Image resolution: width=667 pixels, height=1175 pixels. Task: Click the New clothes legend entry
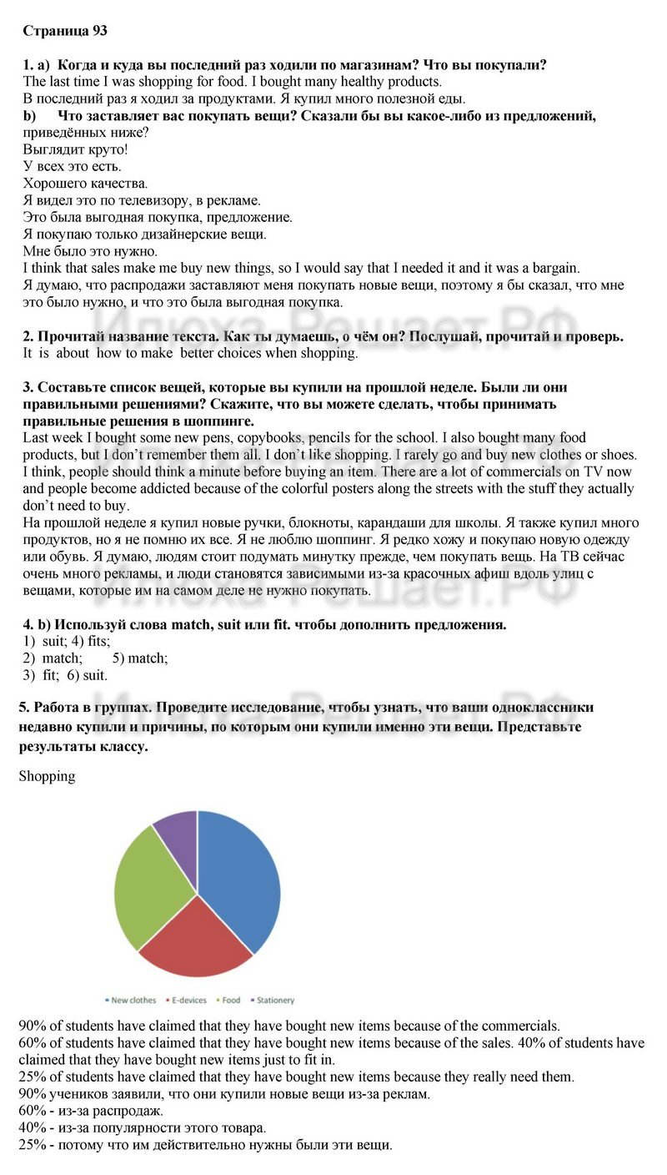point(131,1000)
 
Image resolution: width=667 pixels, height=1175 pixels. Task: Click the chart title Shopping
point(47,776)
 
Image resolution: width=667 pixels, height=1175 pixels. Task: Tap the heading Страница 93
point(65,31)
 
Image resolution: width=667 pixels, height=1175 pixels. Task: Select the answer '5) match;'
point(140,658)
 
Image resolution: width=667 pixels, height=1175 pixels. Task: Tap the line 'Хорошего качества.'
point(85,184)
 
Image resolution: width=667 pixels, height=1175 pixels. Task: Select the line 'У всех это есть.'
point(72,166)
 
